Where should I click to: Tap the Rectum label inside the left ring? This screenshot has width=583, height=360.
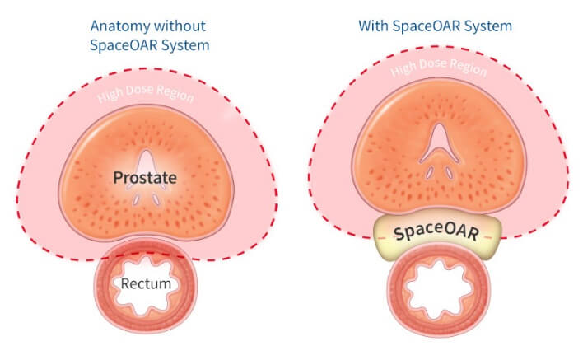pyautogui.click(x=146, y=284)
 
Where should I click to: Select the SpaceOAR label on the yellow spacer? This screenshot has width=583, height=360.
pyautogui.click(x=436, y=233)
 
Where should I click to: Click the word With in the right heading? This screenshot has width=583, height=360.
pyautogui.click(x=374, y=26)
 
